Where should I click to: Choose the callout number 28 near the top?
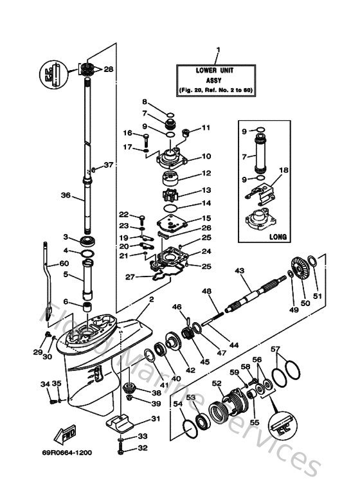point(108,69)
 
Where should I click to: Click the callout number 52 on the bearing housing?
point(217,384)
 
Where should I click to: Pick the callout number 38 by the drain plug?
point(156,393)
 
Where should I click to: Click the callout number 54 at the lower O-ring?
point(176,403)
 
